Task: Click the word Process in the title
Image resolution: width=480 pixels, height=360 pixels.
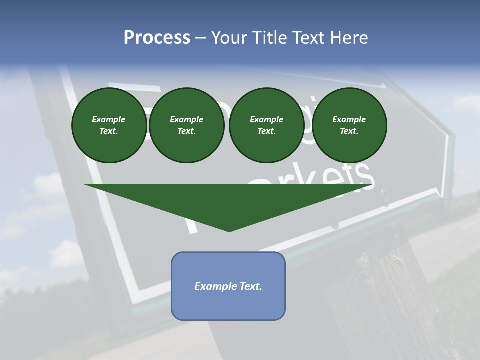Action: pos(157,38)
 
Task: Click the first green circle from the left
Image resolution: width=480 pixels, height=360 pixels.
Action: pos(109,125)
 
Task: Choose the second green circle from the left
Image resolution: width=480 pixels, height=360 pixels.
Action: pos(187,125)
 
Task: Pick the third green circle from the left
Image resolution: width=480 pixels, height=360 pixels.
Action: pos(267,125)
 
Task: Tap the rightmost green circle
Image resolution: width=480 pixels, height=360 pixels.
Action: pos(349,125)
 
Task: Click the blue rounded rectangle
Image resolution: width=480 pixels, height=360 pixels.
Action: pos(228,305)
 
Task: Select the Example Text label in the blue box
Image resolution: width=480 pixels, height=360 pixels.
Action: pos(228,286)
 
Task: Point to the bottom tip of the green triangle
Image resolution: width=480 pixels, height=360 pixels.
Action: pos(229,231)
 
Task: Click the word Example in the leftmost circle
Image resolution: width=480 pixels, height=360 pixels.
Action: pos(109,119)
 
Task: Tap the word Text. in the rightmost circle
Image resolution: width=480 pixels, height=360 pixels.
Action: pos(349,131)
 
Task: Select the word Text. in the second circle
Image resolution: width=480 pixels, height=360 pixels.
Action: pos(187,131)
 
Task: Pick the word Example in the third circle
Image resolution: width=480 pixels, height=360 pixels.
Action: pos(267,119)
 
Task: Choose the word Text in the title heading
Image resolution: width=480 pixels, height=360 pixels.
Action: pos(308,38)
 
